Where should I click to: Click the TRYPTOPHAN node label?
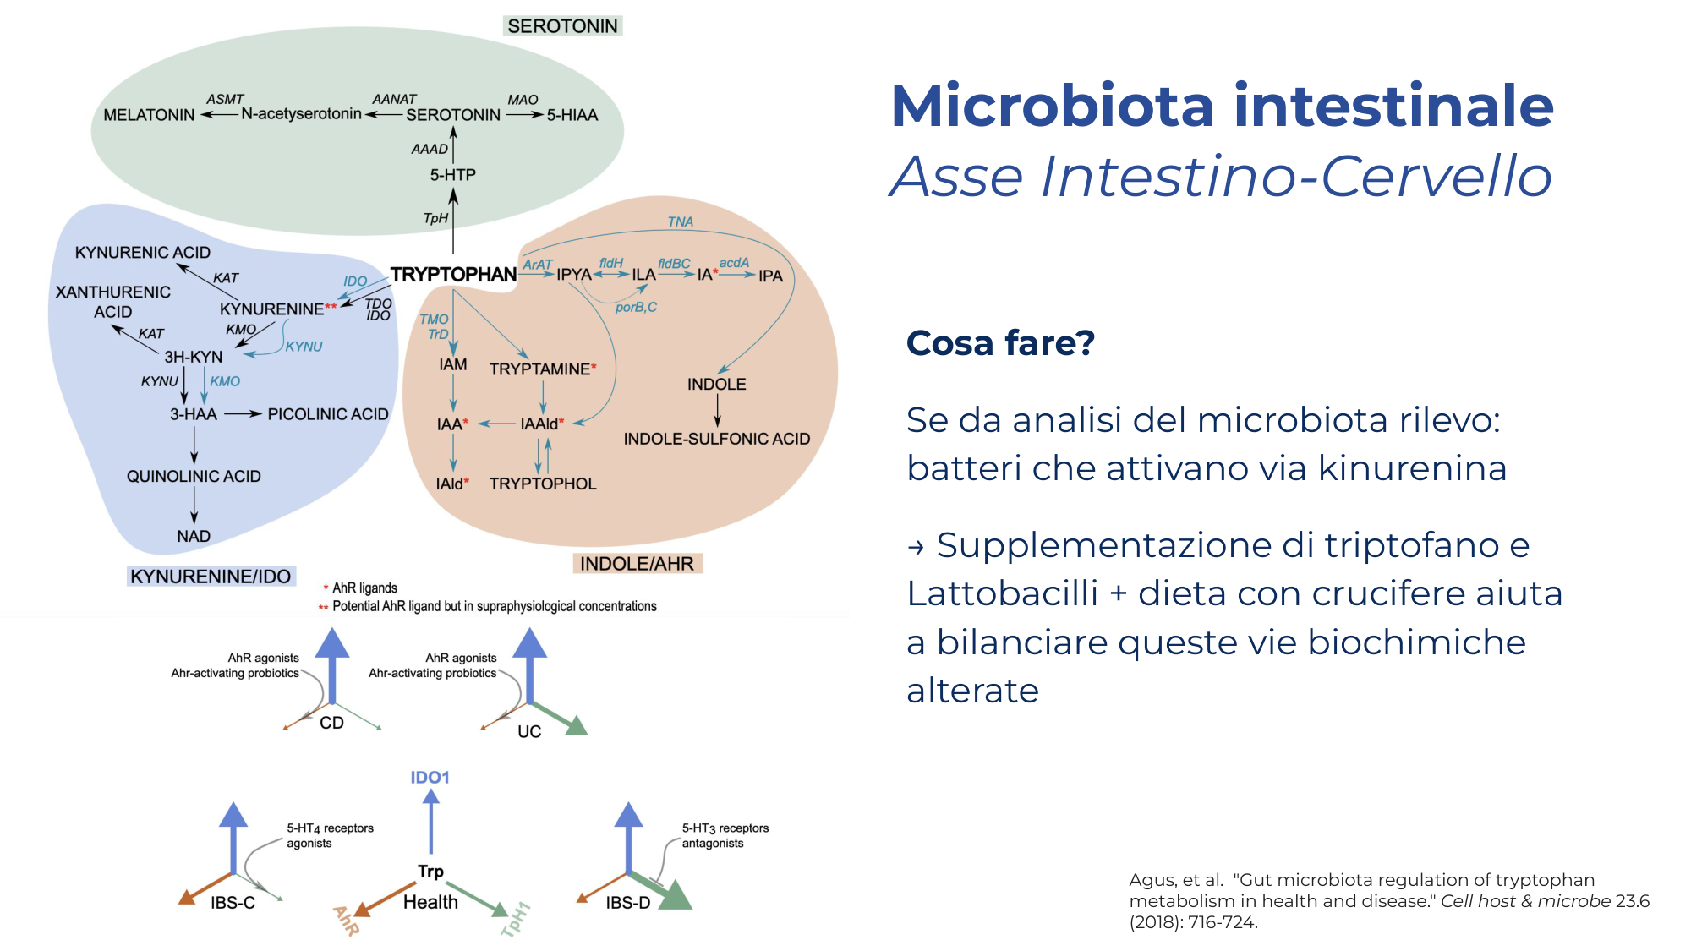pyautogui.click(x=453, y=274)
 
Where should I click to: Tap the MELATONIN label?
pyautogui.click(x=149, y=115)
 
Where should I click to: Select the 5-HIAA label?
pyautogui.click(x=572, y=115)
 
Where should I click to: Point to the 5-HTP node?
pyautogui.click(x=453, y=175)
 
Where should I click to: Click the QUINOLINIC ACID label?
pyautogui.click(x=194, y=477)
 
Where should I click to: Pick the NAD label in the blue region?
pyautogui.click(x=194, y=536)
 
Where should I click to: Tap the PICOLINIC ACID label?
pyautogui.click(x=328, y=414)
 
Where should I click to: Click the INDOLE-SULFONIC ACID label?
pyautogui.click(x=717, y=439)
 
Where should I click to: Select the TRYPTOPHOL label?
pyautogui.click(x=543, y=484)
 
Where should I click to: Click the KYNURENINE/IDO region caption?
pyautogui.click(x=211, y=577)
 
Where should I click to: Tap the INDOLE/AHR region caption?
pyautogui.click(x=637, y=564)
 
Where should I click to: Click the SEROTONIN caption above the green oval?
pyautogui.click(x=562, y=26)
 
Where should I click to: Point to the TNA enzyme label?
pyautogui.click(x=681, y=221)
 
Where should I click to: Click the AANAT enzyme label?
pyautogui.click(x=394, y=99)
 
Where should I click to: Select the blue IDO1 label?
pyautogui.click(x=430, y=777)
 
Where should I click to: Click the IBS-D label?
pyautogui.click(x=628, y=903)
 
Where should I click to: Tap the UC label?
pyautogui.click(x=529, y=731)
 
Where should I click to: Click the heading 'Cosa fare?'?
pyautogui.click(x=1000, y=343)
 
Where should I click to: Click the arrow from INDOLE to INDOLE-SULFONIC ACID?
pyautogui.click(x=718, y=411)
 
